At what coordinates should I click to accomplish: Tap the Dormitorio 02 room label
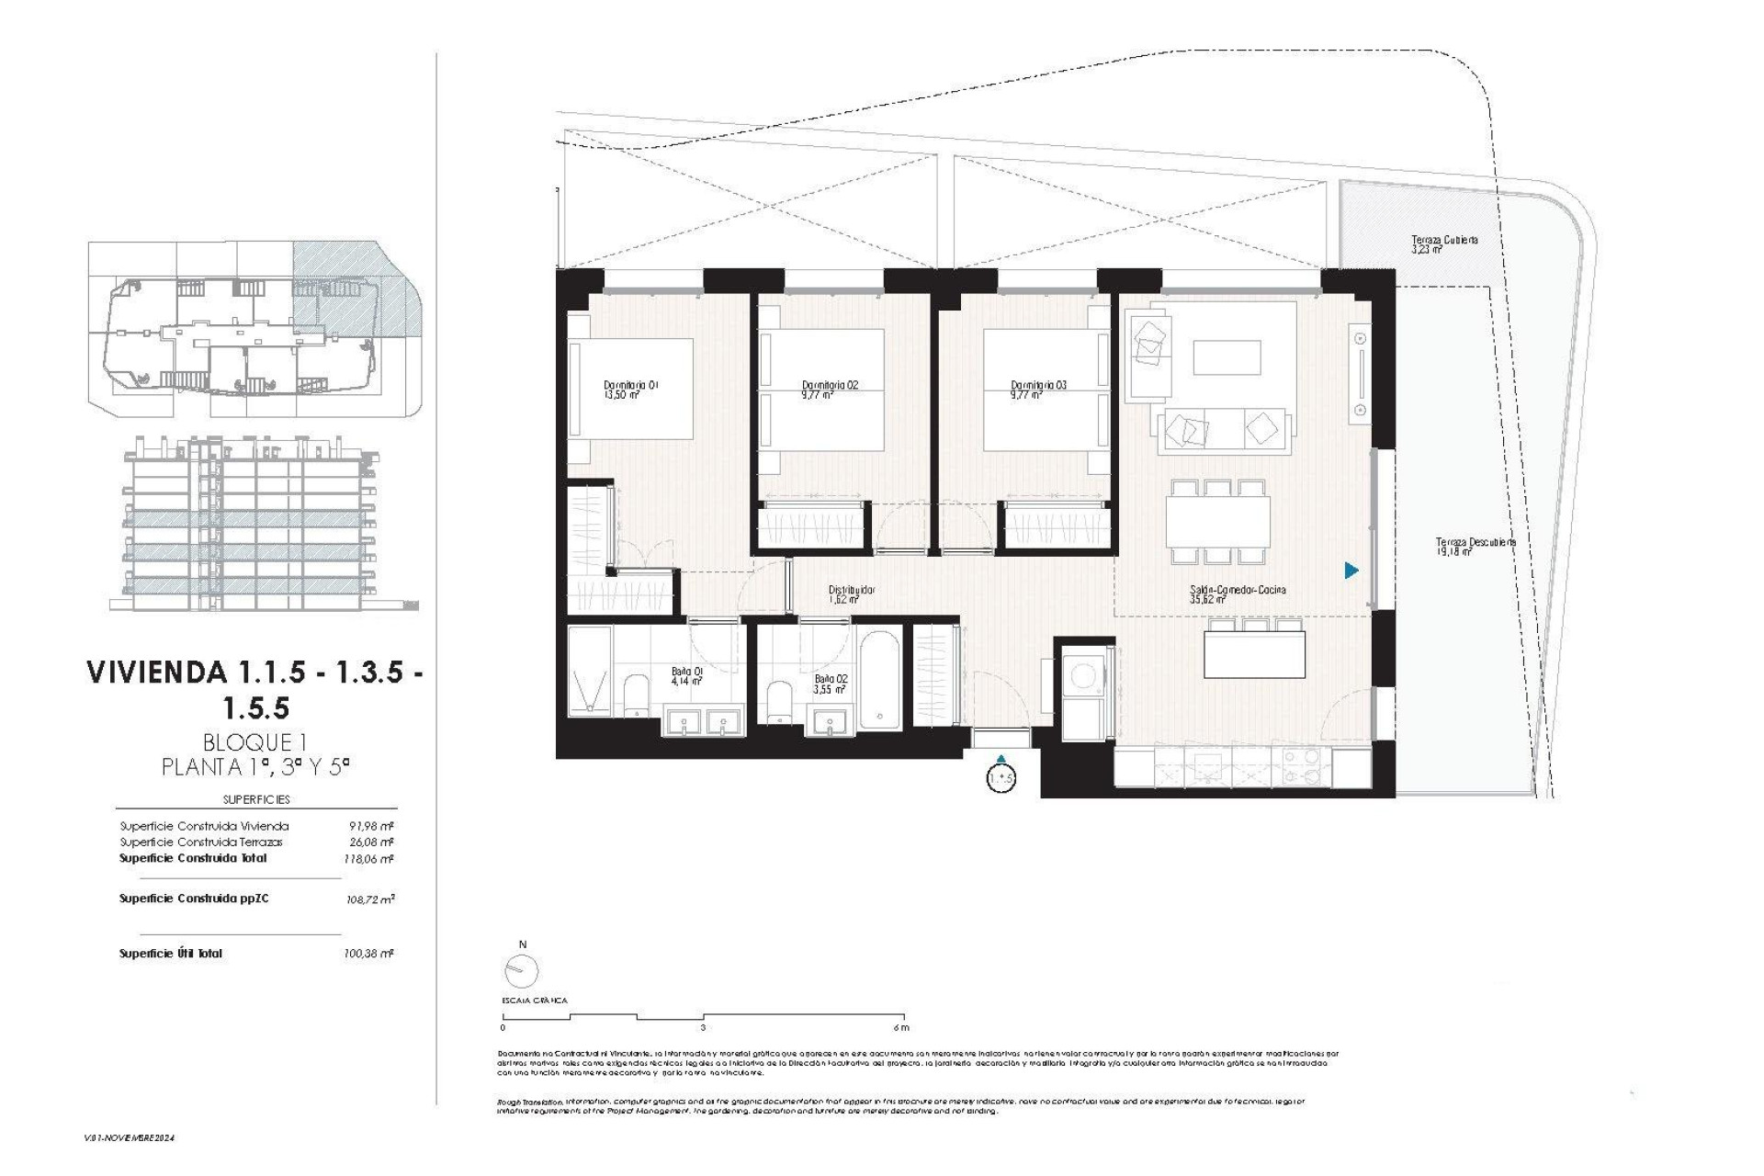[829, 390]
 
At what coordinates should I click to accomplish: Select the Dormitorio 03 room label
[1038, 390]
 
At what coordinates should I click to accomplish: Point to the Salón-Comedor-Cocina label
[1237, 594]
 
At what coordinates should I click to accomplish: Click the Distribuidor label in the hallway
[851, 594]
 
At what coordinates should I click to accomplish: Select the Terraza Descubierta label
[1475, 546]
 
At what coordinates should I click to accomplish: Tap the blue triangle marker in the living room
[1351, 571]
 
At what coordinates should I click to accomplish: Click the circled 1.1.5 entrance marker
[1001, 778]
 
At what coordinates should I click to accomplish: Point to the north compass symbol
[522, 969]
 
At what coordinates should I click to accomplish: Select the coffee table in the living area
[1227, 357]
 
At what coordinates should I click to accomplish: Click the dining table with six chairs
[1218, 521]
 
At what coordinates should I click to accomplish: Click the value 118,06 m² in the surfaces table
[367, 859]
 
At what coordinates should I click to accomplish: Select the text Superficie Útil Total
[171, 954]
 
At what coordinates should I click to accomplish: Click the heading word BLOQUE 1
[254, 742]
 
